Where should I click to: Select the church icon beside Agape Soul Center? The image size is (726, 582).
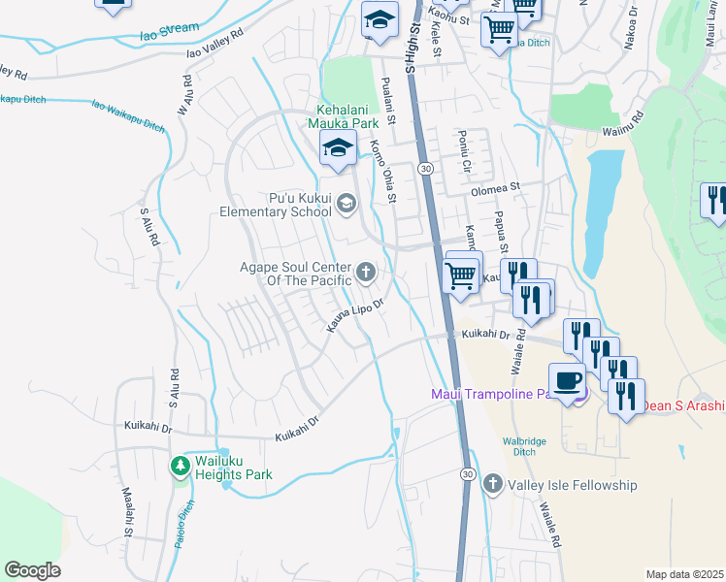tap(366, 272)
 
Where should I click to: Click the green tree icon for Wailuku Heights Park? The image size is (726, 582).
tap(180, 467)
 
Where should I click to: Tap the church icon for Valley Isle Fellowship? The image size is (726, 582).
tap(493, 483)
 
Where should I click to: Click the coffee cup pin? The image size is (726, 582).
tap(568, 382)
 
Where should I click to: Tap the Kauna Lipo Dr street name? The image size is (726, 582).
tap(356, 317)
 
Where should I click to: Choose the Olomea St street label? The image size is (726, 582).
tap(496, 187)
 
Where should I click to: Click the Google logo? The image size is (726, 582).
tap(32, 570)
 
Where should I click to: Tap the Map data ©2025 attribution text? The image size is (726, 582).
tap(683, 574)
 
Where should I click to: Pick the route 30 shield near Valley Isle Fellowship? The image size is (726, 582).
tap(467, 473)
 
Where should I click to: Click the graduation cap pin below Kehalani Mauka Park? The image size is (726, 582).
tap(337, 149)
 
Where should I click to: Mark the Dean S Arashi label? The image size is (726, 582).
tap(684, 405)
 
